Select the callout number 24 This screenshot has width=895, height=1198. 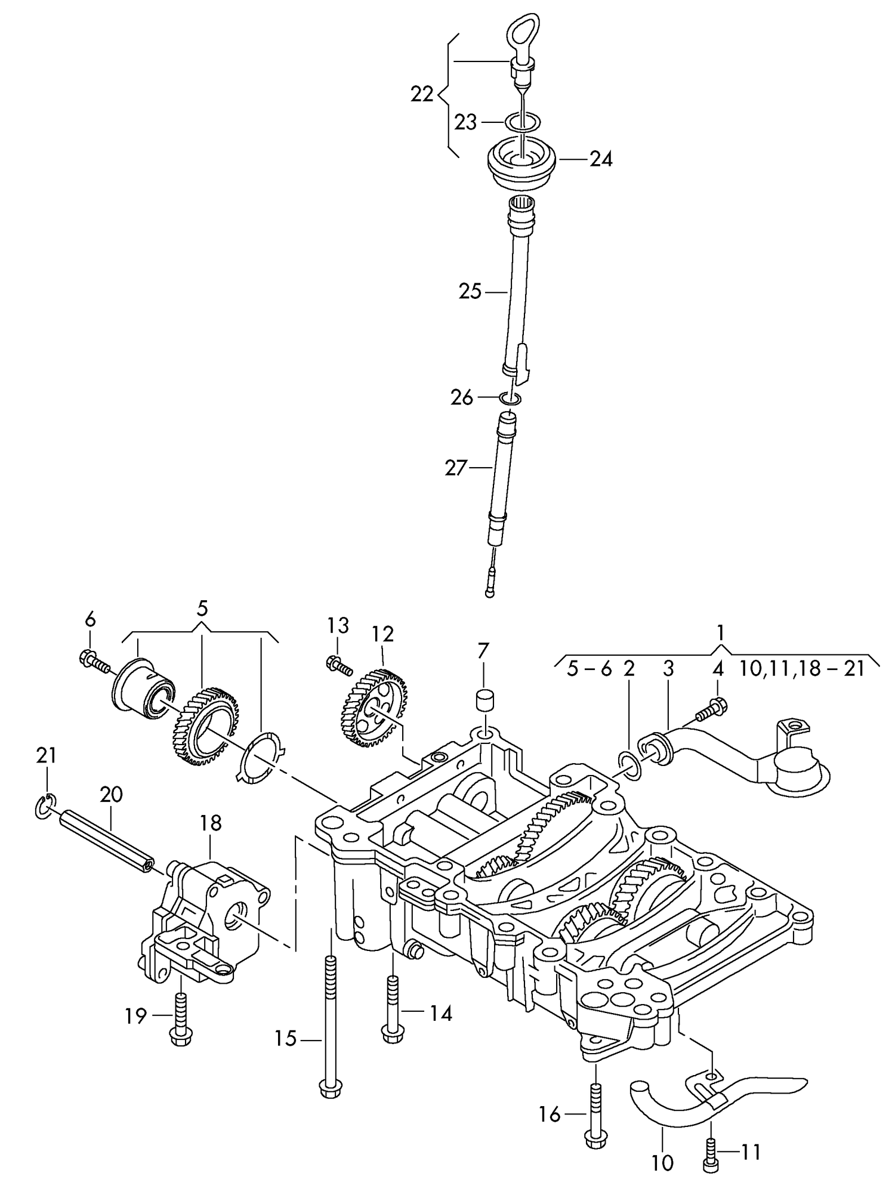[601, 159]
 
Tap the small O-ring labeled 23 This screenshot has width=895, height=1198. [523, 122]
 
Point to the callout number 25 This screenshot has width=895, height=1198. [470, 292]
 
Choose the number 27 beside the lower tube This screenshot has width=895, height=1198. [456, 468]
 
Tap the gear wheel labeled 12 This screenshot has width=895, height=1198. [375, 708]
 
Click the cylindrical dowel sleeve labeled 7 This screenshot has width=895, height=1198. [484, 700]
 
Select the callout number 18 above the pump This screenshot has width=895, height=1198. [211, 823]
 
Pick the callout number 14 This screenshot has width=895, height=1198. [442, 1013]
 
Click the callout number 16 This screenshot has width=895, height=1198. [550, 1114]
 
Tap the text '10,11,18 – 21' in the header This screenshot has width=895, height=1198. [801, 669]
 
